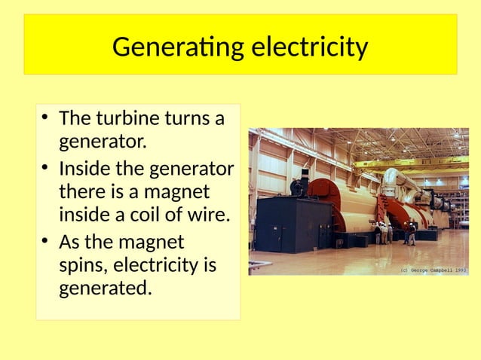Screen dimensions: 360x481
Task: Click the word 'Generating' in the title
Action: (177, 48)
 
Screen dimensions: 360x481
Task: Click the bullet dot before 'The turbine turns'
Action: (46, 118)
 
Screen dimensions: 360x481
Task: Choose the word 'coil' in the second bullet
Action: (151, 216)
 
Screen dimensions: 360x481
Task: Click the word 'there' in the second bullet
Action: (81, 192)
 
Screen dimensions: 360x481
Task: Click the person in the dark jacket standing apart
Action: (412, 233)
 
